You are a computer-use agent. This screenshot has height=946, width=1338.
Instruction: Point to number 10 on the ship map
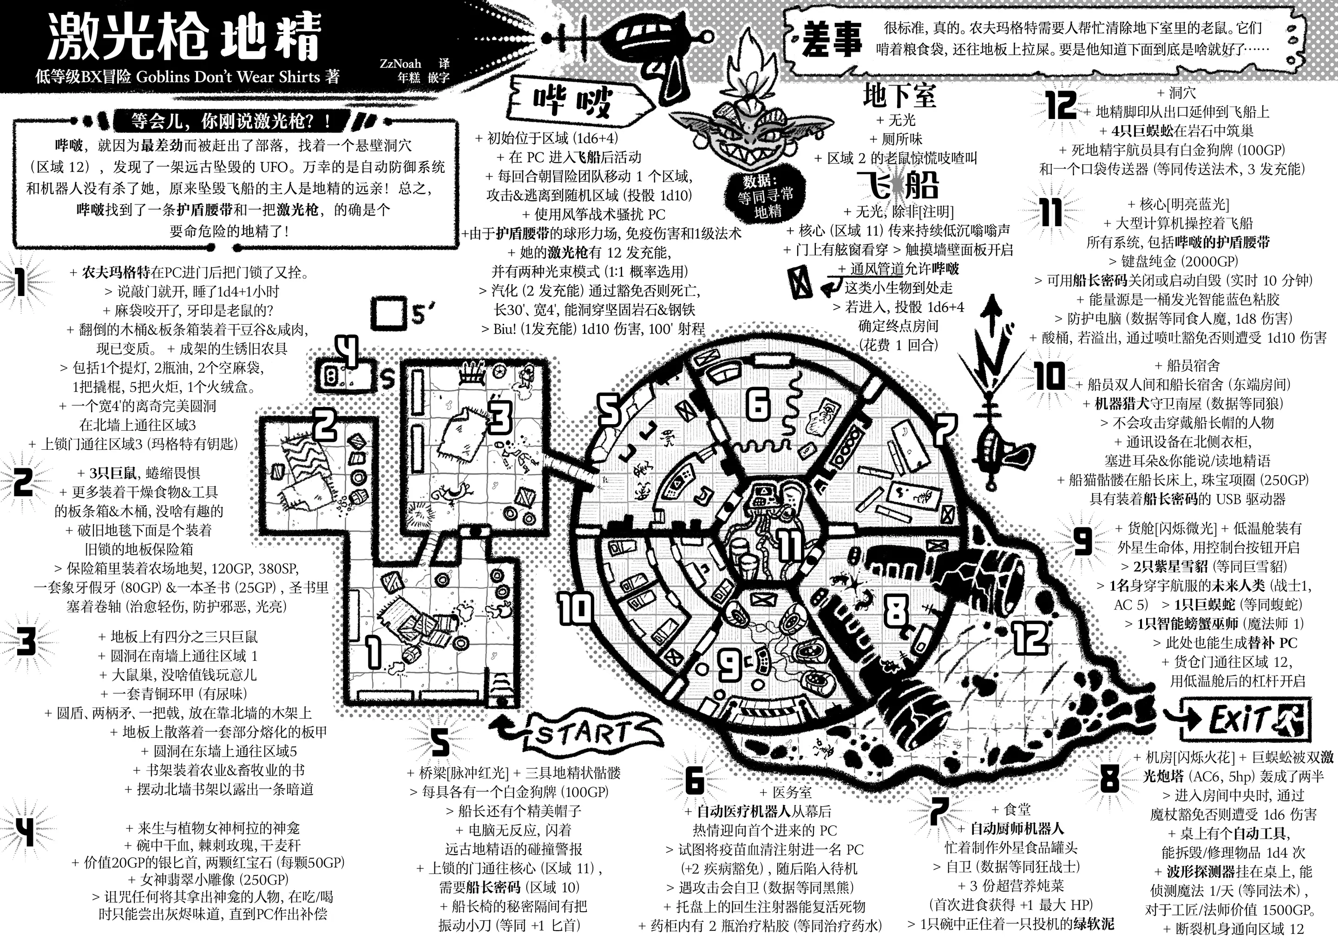tap(576, 607)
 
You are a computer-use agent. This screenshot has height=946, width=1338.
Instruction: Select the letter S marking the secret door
tap(388, 380)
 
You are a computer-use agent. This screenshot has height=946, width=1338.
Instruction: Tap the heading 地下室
tap(899, 96)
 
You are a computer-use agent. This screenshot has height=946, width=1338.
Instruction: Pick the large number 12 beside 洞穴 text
tap(1061, 105)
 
